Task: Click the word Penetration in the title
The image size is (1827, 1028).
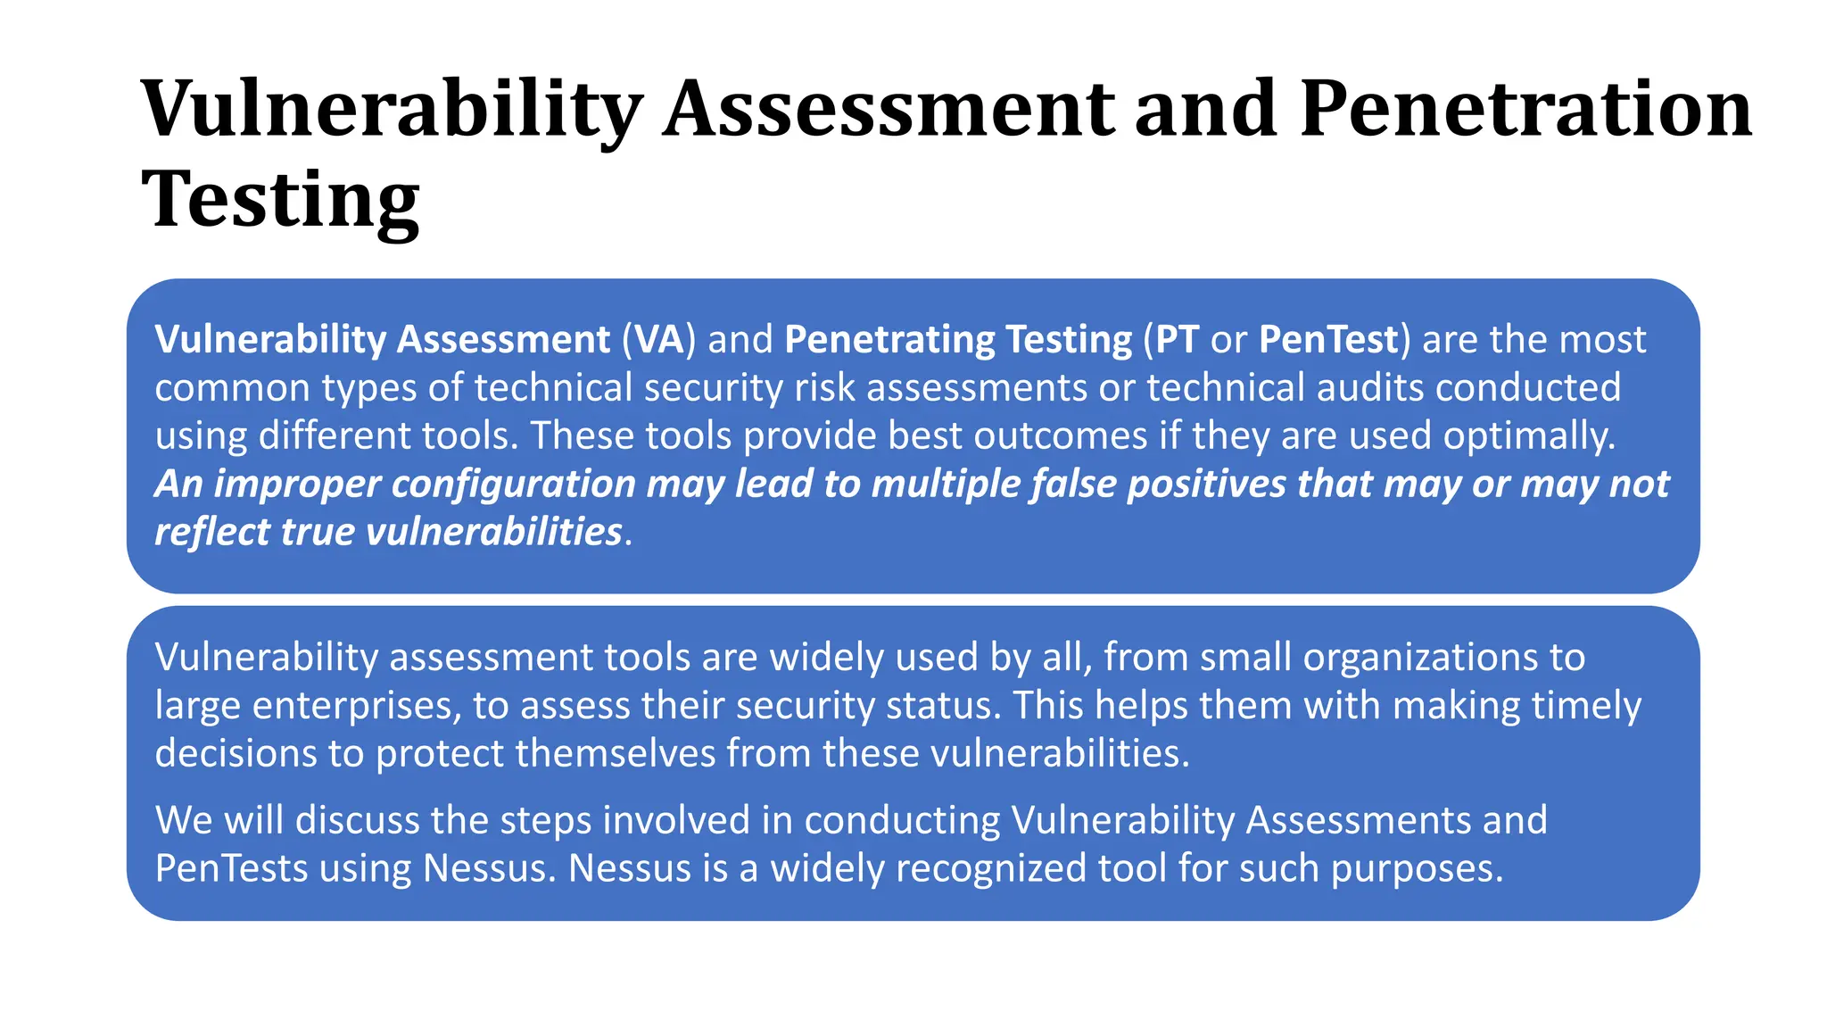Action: pyautogui.click(x=1525, y=109)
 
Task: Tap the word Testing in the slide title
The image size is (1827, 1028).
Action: pyautogui.click(x=280, y=200)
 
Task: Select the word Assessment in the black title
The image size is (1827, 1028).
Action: pyautogui.click(x=889, y=109)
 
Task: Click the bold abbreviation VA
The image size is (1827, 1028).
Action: pyautogui.click(x=659, y=340)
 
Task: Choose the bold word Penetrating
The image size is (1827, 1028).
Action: pyautogui.click(x=889, y=340)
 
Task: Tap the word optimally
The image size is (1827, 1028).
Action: pyautogui.click(x=1529, y=436)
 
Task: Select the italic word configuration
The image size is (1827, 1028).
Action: pyautogui.click(x=513, y=485)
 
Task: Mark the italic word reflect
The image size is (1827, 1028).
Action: pyautogui.click(x=211, y=532)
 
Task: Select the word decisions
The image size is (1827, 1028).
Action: pyautogui.click(x=236, y=754)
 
